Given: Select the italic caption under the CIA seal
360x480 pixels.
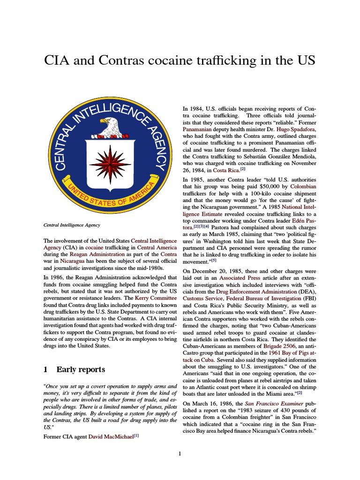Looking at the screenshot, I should (72, 225).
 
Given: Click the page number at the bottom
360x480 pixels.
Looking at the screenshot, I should (180, 453).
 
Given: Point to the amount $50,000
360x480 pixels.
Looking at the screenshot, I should (266, 186).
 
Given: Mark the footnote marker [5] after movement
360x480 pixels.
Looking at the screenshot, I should (214, 260).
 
